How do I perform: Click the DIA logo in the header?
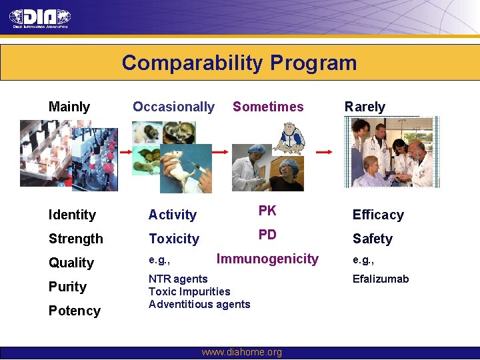click(40, 17)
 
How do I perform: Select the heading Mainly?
click(69, 107)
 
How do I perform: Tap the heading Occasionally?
click(173, 107)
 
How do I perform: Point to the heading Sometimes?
click(268, 107)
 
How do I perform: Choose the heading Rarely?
click(365, 107)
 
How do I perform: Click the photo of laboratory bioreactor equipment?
click(68, 155)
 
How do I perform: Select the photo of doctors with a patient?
click(391, 153)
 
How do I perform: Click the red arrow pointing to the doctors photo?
click(324, 153)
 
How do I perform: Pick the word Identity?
click(72, 215)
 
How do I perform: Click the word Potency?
click(75, 311)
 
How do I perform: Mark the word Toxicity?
click(173, 239)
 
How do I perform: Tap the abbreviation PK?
click(267, 211)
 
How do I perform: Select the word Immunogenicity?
click(267, 259)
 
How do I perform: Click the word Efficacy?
click(378, 215)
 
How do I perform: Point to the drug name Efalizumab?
click(381, 279)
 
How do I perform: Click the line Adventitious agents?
click(199, 304)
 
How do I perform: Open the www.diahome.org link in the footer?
click(241, 352)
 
